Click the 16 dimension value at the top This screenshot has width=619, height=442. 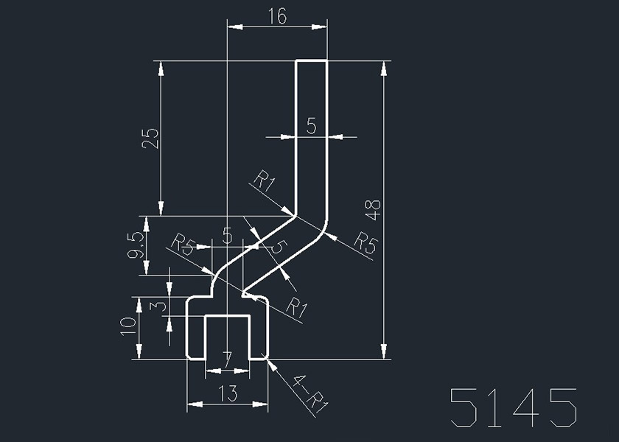pyautogui.click(x=278, y=17)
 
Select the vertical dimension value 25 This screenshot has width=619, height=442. pyautogui.click(x=150, y=138)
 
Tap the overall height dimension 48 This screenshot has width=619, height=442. pyautogui.click(x=374, y=210)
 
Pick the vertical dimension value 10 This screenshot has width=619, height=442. pyautogui.click(x=128, y=326)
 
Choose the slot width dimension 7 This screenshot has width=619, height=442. pyautogui.click(x=227, y=359)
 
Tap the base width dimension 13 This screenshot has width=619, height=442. pyautogui.click(x=228, y=394)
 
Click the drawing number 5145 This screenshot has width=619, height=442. pyautogui.click(x=514, y=407)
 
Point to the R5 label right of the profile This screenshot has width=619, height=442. pyautogui.click(x=364, y=242)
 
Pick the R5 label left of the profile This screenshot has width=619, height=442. pyautogui.click(x=182, y=244)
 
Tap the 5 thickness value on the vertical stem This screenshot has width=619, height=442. pyautogui.click(x=311, y=127)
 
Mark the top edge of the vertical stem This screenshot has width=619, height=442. pyautogui.click(x=311, y=60)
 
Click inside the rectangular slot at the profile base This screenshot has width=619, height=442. pyautogui.click(x=227, y=335)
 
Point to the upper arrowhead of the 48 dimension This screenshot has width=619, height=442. pyautogui.click(x=384, y=67)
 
